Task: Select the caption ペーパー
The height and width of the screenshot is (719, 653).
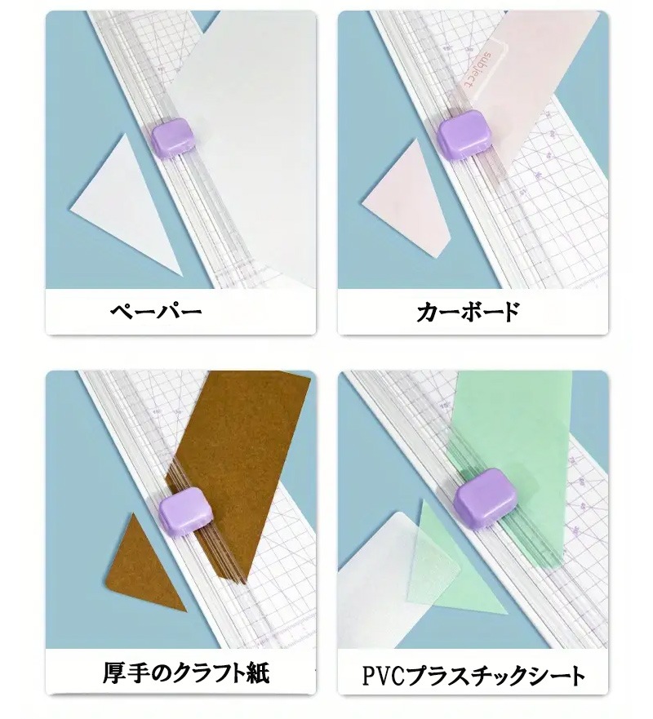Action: tap(156, 313)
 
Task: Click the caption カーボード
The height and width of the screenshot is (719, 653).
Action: tap(469, 313)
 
